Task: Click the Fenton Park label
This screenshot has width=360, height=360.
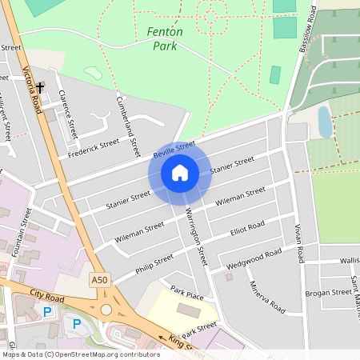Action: [x=166, y=38]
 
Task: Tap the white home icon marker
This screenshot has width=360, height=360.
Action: [x=180, y=173]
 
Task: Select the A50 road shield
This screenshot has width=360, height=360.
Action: [x=99, y=280]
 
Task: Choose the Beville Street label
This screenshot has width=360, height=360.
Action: [x=174, y=150]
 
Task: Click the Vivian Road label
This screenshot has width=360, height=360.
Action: [x=297, y=243]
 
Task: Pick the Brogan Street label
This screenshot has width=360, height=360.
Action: [x=328, y=293]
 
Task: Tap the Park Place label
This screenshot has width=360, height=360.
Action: [x=186, y=296]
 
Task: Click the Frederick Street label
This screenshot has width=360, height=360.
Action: [x=94, y=148]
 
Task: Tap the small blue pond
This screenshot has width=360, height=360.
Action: [x=324, y=122]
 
